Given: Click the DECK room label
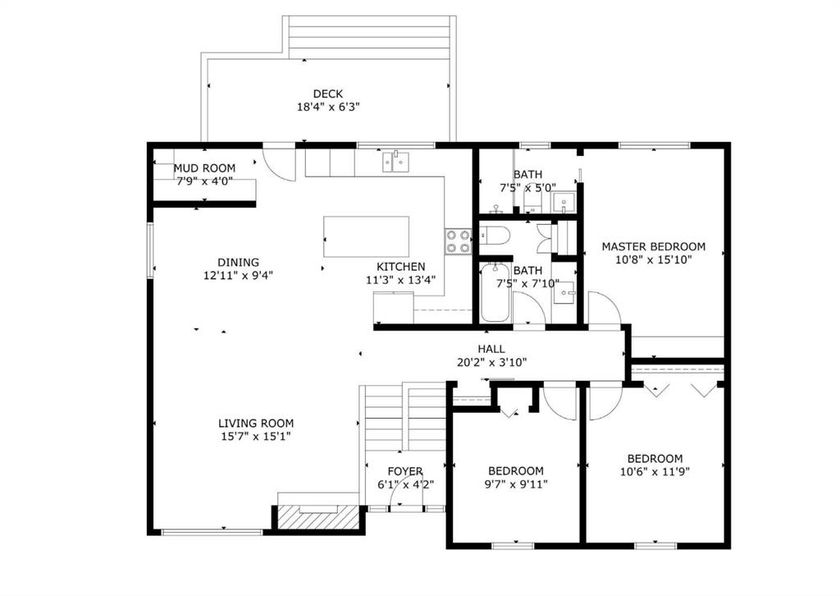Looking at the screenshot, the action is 328,94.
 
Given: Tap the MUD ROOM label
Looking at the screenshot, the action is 204,168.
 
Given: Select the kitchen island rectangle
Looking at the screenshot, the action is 367,237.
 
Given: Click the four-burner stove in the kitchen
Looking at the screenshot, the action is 458,241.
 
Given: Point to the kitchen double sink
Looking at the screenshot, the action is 396,162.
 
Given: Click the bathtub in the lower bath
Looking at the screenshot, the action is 495,292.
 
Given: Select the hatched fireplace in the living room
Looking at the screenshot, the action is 318,516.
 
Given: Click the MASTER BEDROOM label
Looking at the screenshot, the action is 654,246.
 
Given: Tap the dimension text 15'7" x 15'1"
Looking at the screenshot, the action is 256,436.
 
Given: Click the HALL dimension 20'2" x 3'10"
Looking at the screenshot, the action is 492,362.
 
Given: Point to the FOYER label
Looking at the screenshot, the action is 405,472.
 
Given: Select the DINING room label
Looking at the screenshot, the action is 239,263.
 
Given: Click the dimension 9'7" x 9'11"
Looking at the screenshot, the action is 516,484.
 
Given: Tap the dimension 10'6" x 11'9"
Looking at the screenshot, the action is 655,472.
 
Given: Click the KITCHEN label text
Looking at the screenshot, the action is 400,267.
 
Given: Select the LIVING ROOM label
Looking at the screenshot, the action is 256,424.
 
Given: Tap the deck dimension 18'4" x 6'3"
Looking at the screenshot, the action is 328,108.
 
